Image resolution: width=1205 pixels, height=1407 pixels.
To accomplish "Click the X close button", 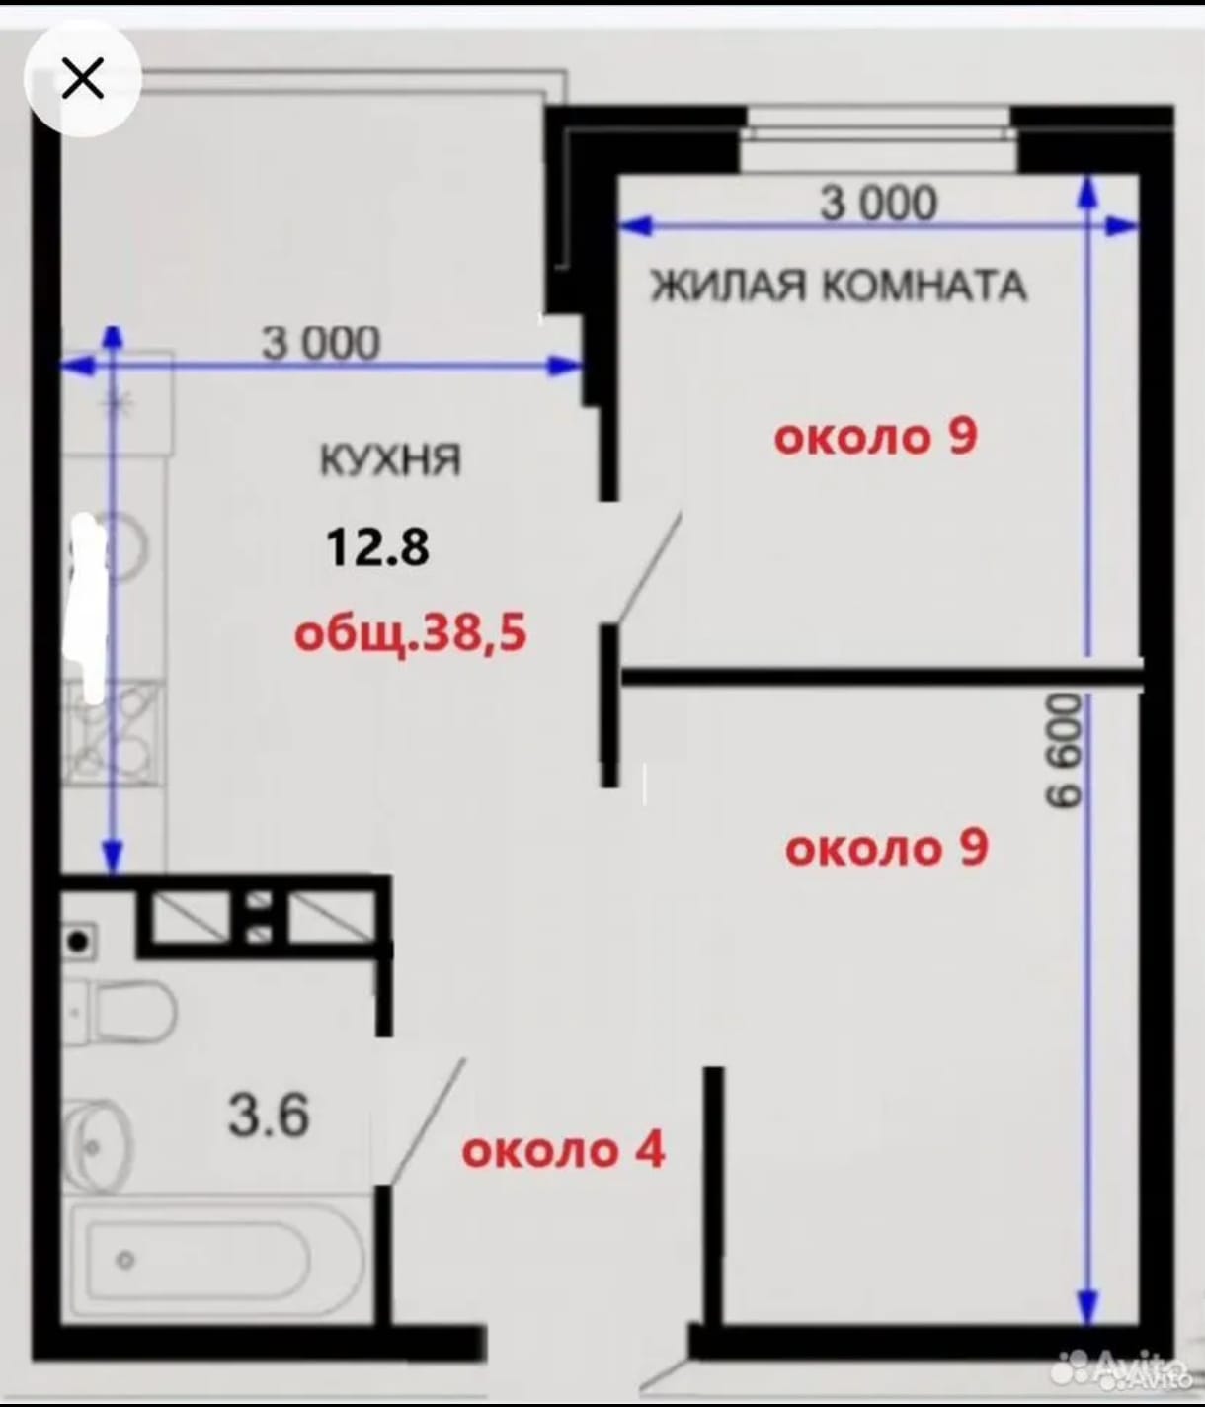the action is (82, 78).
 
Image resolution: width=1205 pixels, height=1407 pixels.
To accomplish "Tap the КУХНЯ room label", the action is (390, 460).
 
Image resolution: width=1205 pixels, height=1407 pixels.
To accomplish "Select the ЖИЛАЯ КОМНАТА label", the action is (839, 286).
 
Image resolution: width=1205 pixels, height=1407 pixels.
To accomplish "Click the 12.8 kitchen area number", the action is (377, 548).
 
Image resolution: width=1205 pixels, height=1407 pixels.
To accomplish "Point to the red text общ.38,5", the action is (410, 634).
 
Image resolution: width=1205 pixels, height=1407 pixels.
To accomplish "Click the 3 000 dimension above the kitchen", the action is (320, 344).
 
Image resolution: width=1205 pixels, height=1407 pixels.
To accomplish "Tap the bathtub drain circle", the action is (125, 1260).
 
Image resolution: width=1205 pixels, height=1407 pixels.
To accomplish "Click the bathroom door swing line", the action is (427, 1121).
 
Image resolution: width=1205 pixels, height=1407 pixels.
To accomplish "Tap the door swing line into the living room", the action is (647, 567).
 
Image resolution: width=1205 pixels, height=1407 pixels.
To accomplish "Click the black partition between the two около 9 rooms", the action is (882, 676).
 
